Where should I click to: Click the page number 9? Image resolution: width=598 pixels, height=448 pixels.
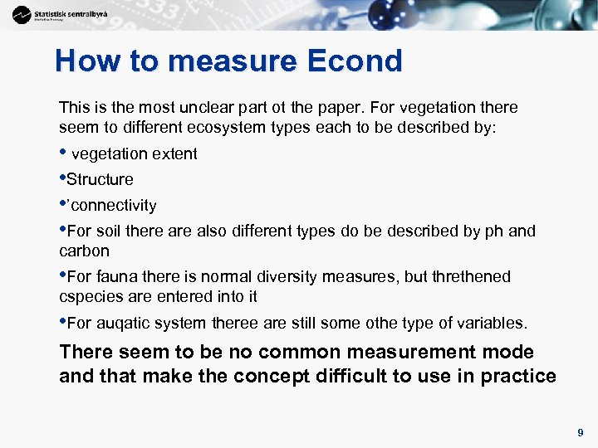click(581, 432)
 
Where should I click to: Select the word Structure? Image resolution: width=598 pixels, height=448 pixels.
click(100, 180)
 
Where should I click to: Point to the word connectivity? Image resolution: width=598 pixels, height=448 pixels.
click(114, 206)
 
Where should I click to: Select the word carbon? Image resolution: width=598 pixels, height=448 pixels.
click(84, 251)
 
